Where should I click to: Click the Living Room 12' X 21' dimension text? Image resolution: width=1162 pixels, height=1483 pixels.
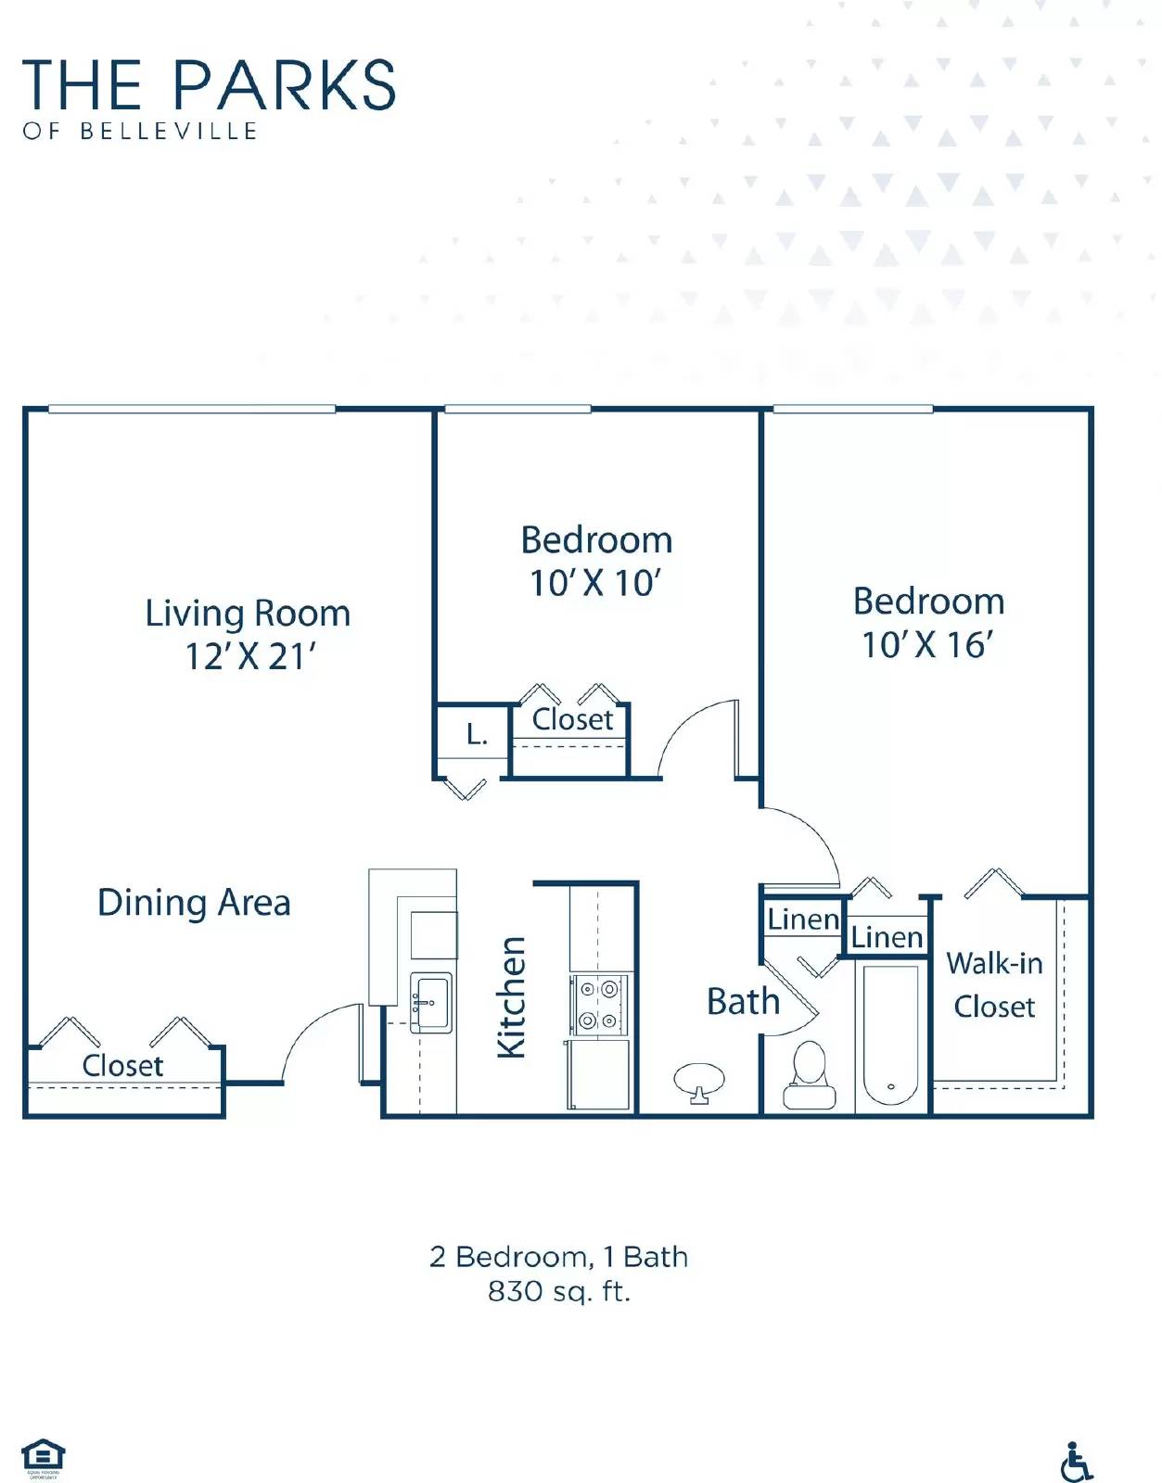coord(249,656)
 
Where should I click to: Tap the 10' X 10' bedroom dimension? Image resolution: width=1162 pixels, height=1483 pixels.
coord(594,583)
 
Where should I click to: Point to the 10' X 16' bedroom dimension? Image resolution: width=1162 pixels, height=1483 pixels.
coord(927,644)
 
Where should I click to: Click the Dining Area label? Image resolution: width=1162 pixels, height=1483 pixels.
coord(194,902)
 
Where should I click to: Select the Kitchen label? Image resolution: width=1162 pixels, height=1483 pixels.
coord(512,996)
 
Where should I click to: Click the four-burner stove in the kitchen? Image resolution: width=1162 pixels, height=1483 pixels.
coord(598,1005)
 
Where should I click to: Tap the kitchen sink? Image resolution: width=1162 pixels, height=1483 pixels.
coord(431,1002)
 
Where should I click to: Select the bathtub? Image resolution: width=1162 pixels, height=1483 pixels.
coord(890,1034)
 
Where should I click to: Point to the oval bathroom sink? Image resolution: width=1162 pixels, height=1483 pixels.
coord(699,1080)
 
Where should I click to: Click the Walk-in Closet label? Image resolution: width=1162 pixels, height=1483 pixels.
coord(994,984)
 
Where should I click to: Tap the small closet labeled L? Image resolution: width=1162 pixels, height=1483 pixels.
coord(476,735)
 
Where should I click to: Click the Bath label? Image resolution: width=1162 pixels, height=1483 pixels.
coord(743,1001)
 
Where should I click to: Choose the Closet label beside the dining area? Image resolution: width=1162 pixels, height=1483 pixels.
coord(122,1065)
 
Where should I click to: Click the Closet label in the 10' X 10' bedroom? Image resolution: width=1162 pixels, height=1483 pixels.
coord(572,719)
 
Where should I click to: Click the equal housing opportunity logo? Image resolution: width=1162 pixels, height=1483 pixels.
coord(43,1458)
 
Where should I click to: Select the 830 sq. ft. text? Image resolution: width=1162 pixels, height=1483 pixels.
coord(559,1291)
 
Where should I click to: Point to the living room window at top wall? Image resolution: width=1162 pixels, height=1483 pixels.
coord(191,409)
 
